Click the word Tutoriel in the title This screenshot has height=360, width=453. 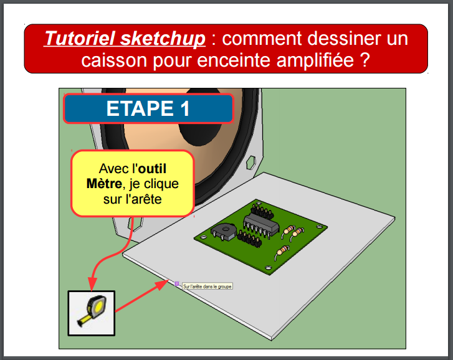click(80, 39)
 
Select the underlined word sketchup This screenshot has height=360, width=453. click(163, 39)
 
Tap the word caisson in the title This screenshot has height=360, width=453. click(114, 60)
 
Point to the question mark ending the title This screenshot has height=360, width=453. click(365, 59)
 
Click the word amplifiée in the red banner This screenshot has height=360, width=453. click(315, 60)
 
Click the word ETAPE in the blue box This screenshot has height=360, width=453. click(140, 108)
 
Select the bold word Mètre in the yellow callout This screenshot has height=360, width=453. click(104, 184)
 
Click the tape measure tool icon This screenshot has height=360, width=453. click(92, 313)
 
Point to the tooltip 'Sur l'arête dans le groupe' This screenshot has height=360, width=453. click(207, 287)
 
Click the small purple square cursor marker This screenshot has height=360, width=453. click(177, 283)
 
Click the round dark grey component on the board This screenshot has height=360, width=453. click(224, 232)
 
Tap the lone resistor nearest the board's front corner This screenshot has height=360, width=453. click(282, 252)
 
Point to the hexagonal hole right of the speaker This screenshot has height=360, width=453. click(250, 162)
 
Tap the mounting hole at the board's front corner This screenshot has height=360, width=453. click(269, 268)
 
